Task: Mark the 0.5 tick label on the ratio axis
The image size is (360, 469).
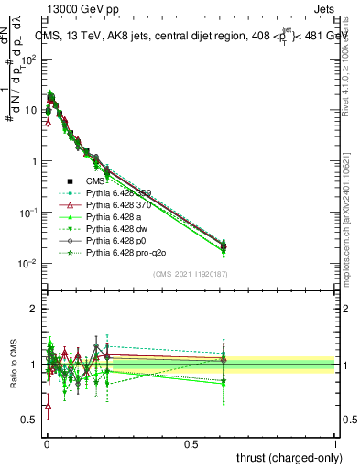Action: click(x=28, y=420)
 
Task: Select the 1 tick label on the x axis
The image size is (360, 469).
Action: click(x=335, y=442)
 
